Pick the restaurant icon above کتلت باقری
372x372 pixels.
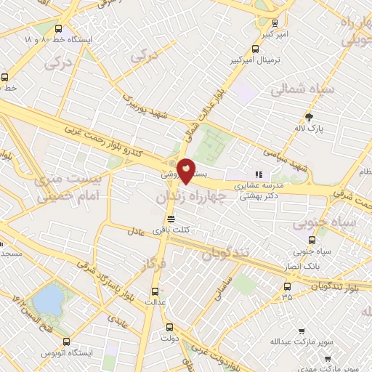click(x=171, y=218)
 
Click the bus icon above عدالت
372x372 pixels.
click(x=152, y=288)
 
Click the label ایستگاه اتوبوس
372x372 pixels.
click(x=67, y=354)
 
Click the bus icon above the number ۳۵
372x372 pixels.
click(x=288, y=286)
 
